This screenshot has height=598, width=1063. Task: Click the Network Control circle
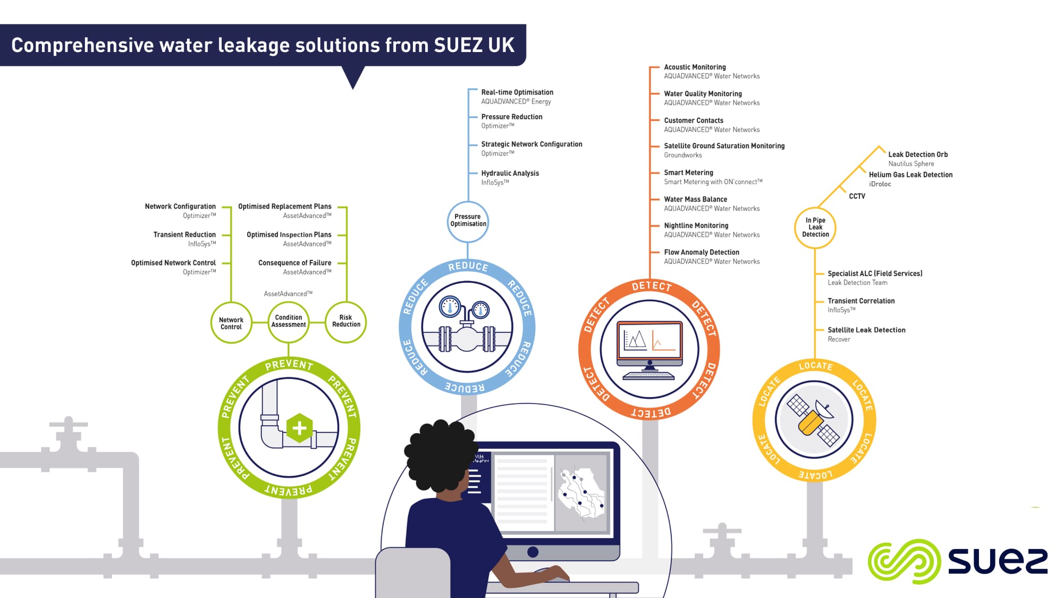point(231,323)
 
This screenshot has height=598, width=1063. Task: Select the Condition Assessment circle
point(289,322)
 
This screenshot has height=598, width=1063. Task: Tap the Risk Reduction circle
point(346,321)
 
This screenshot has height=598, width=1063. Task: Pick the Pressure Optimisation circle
point(468,221)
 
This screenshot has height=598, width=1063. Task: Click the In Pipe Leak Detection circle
point(815,228)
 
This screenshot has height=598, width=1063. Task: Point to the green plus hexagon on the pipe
point(299,428)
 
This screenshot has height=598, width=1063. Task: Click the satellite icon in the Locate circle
point(814,420)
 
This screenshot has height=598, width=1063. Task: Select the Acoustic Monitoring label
point(695,67)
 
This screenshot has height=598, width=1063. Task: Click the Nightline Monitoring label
point(696,225)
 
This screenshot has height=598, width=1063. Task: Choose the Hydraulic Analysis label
point(510,173)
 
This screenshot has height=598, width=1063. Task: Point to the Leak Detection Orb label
point(918,155)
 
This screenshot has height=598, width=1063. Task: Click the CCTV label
point(857,196)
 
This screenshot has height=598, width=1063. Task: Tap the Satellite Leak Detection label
point(866,330)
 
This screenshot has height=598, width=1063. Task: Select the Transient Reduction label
point(184,234)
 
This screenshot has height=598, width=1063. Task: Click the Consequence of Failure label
point(294,263)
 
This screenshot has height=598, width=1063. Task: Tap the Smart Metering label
point(688,173)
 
